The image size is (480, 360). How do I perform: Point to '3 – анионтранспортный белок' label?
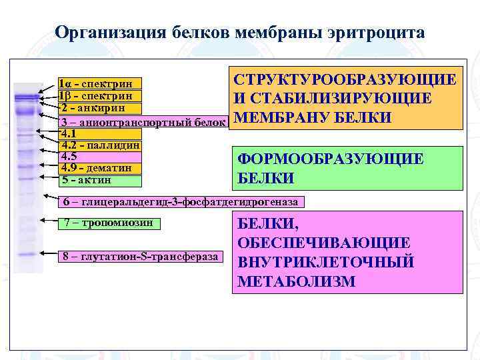pos(143,123)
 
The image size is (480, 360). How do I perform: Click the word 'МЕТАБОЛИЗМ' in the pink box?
pos(296,281)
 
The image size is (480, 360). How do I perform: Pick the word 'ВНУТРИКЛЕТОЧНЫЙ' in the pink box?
pos(326,262)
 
